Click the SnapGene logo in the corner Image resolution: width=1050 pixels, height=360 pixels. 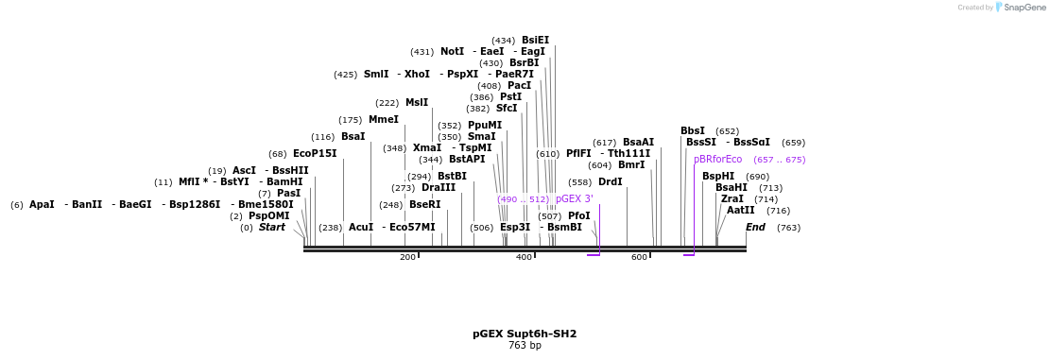[x=1016, y=8]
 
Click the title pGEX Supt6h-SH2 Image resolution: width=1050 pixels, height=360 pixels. [x=525, y=334]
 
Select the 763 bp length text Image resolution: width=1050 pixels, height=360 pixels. [x=525, y=346]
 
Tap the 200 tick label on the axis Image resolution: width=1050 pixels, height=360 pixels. [x=407, y=257]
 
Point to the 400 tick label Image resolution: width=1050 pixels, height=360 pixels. [x=524, y=257]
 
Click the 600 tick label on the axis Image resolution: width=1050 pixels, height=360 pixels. [x=639, y=257]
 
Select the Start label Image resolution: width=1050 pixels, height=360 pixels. [x=271, y=228]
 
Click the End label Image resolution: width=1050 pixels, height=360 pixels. [x=755, y=228]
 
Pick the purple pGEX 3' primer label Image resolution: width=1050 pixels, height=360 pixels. [x=575, y=199]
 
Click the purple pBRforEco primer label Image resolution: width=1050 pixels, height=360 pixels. [x=718, y=160]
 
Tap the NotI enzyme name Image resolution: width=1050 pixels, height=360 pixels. [x=452, y=52]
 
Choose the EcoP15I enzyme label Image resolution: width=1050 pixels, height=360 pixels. [x=315, y=154]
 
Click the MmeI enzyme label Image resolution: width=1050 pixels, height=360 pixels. [x=383, y=120]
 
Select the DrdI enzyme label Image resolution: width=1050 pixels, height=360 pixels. [x=611, y=182]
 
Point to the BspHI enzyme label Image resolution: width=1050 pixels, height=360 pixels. [x=718, y=177]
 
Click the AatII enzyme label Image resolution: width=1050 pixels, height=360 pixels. [x=740, y=211]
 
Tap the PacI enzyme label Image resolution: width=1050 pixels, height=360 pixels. [x=519, y=86]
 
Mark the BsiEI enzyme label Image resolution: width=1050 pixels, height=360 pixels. [x=535, y=41]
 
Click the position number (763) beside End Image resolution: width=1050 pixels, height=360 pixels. [x=788, y=228]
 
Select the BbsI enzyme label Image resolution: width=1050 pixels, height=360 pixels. [x=693, y=131]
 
